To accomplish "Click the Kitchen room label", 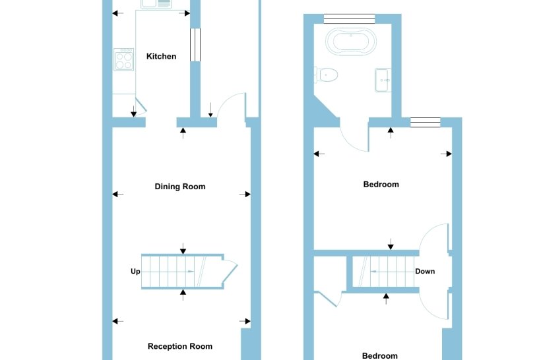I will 161,57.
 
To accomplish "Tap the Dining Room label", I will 180,187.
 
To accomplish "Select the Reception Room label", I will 180,346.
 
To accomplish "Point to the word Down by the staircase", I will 425,271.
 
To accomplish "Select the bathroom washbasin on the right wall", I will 383,80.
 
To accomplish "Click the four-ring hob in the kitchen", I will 123,61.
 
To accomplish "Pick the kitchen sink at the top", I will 156,4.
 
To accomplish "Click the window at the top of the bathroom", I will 350,18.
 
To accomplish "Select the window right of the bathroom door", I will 424,121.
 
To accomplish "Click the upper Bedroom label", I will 381,185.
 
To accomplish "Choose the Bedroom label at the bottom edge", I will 381,356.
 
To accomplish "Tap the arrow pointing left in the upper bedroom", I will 319,154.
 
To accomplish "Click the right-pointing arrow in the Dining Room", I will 245,194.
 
